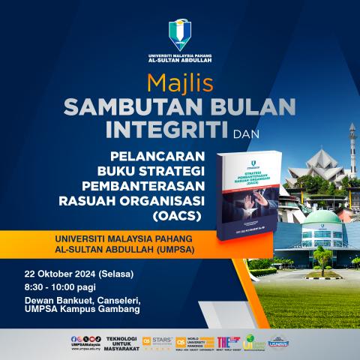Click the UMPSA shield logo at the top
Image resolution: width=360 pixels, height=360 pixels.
click(x=180, y=35)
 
